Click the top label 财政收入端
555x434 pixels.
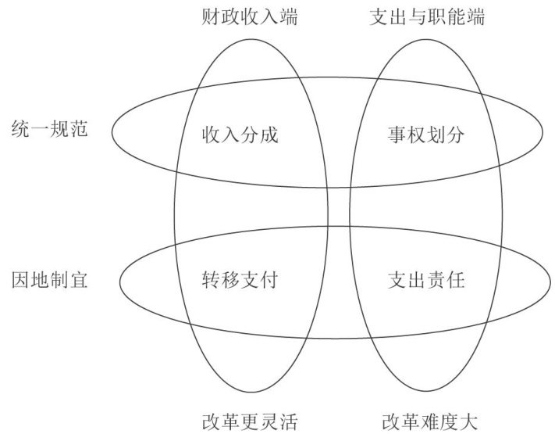pyautogui.click(x=240, y=17)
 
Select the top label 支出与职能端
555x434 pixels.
pyautogui.click(x=426, y=17)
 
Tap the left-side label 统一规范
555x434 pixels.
pyautogui.click(x=50, y=127)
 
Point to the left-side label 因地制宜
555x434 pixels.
pyautogui.click(x=50, y=279)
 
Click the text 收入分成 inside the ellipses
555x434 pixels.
pyautogui.click(x=240, y=135)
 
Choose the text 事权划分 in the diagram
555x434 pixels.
pyautogui.click(x=426, y=135)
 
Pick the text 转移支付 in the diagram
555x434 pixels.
pyautogui.click(x=240, y=279)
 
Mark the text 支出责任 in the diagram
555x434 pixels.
pyautogui.click(x=426, y=279)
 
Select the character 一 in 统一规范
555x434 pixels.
pyautogui.click(x=40, y=127)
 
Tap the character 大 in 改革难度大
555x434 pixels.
pyautogui.click(x=466, y=422)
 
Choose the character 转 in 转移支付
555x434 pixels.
pyautogui.click(x=210, y=279)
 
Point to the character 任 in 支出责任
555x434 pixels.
pyautogui.click(x=456, y=279)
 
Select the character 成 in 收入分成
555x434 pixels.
pyautogui.click(x=269, y=135)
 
